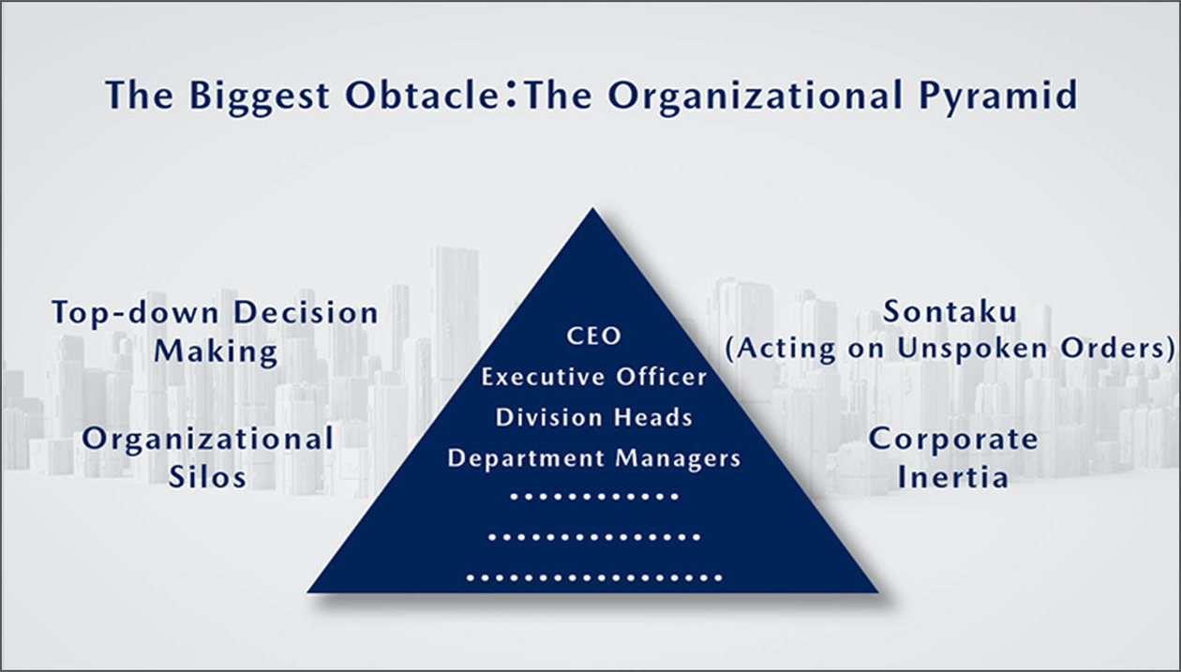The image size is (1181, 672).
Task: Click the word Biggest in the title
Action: pyautogui.click(x=260, y=97)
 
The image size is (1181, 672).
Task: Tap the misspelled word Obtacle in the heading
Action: pyautogui.click(x=423, y=95)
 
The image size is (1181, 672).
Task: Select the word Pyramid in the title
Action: pyautogui.click(x=998, y=97)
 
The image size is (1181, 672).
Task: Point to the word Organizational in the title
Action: pyautogui.click(x=755, y=97)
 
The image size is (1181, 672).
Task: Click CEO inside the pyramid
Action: pyautogui.click(x=593, y=336)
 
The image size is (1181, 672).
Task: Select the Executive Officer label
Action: pyautogui.click(x=593, y=377)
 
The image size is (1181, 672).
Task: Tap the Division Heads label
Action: pyautogui.click(x=593, y=417)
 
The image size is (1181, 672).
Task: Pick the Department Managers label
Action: pyautogui.click(x=593, y=458)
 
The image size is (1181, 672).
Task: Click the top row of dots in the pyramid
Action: pyautogui.click(x=594, y=497)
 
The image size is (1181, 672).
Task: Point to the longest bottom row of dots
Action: pyautogui.click(x=594, y=578)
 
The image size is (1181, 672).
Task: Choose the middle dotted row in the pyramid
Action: pyautogui.click(x=594, y=538)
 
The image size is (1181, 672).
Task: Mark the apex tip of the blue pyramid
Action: pyautogui.click(x=593, y=208)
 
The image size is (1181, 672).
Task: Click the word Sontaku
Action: pyautogui.click(x=950, y=311)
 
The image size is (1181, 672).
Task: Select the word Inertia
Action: pyautogui.click(x=953, y=477)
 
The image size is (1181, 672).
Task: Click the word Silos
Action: pyautogui.click(x=207, y=477)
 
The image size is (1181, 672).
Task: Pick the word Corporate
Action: pyautogui.click(x=953, y=441)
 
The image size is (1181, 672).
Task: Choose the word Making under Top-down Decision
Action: pyautogui.click(x=216, y=351)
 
